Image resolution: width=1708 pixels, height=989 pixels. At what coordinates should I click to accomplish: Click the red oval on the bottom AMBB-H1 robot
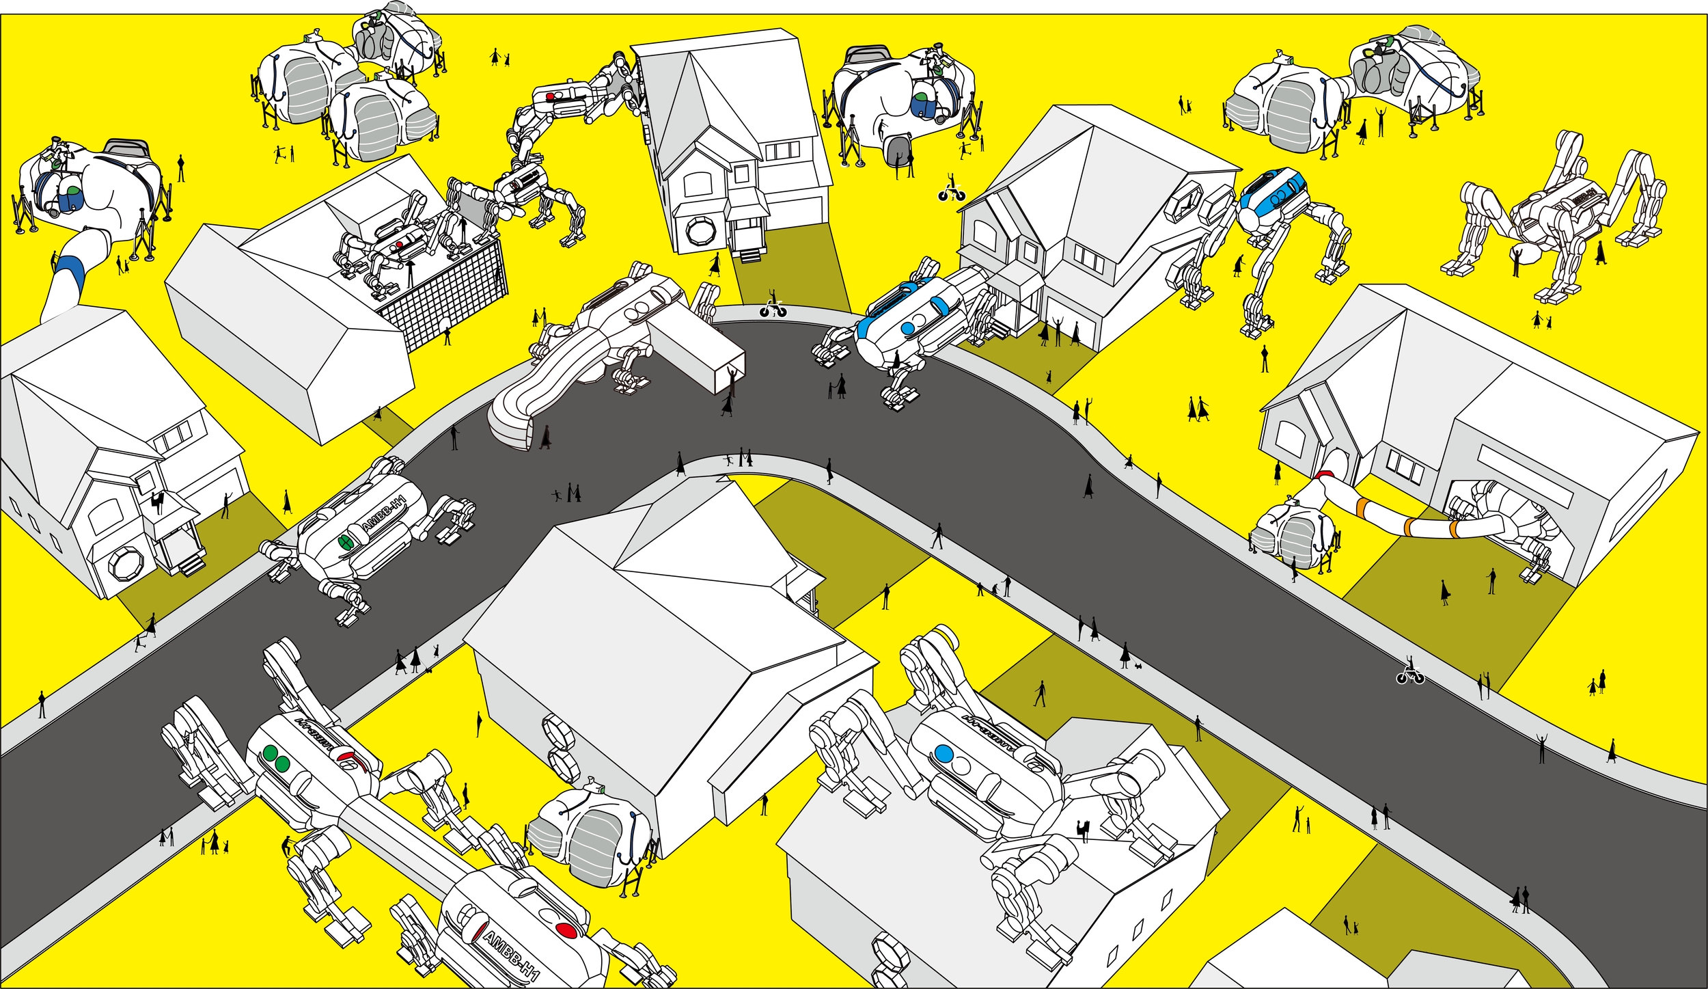coord(566,930)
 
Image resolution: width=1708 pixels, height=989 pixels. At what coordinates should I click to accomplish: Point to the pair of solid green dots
coord(276,758)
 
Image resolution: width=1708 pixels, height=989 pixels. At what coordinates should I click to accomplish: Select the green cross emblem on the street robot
coord(346,542)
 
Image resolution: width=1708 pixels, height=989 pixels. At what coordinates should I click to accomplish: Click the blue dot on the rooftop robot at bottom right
coord(943,753)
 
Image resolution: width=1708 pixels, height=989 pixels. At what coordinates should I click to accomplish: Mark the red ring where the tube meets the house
coord(1325,476)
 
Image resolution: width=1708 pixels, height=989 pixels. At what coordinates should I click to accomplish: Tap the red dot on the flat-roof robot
coord(399,244)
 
